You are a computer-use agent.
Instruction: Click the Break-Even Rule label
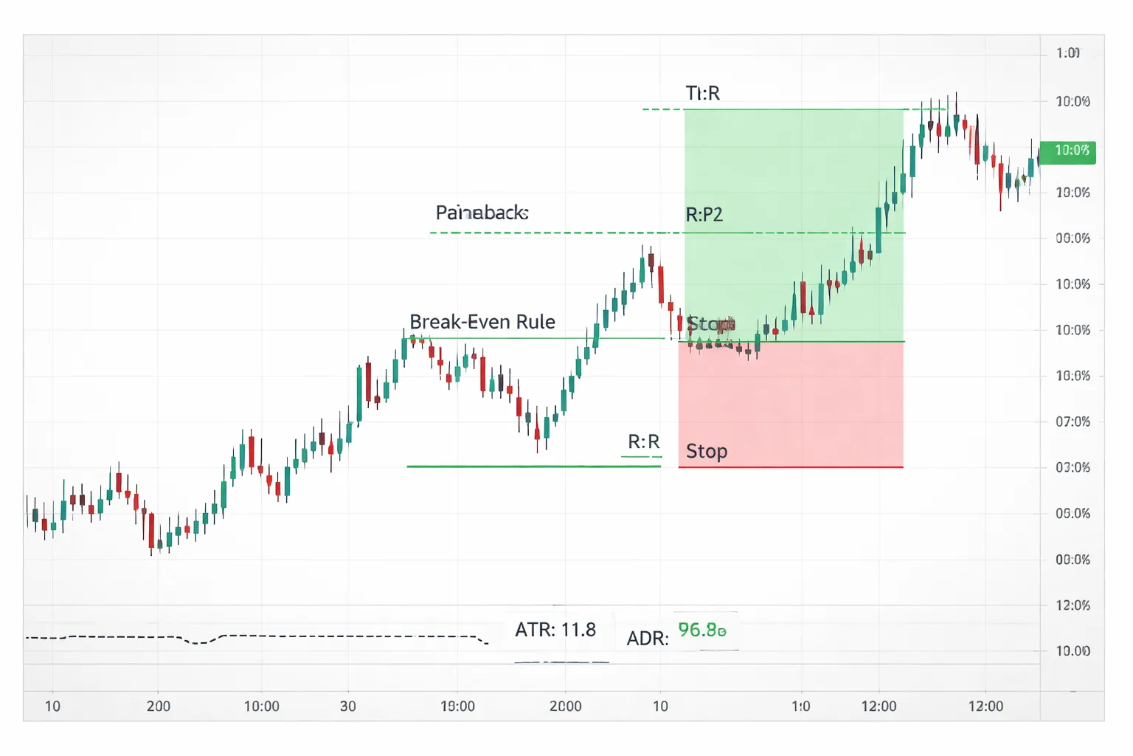482,322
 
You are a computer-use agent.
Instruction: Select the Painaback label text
482,213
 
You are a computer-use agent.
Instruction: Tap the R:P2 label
704,215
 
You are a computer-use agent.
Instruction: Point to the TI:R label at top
702,93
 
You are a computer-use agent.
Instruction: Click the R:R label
643,441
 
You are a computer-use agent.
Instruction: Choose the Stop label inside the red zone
707,451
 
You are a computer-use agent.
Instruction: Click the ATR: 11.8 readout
555,630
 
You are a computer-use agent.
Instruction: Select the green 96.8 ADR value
701,630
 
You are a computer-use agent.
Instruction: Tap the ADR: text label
647,639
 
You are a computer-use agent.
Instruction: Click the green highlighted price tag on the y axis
1067,151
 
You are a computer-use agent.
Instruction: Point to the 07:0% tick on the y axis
1073,422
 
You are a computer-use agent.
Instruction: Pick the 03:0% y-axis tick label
1073,467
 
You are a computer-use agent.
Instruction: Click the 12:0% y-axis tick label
1073,605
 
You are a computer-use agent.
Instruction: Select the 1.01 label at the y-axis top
1067,53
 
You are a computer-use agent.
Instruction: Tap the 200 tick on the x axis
159,707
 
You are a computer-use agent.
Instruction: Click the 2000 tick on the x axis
565,707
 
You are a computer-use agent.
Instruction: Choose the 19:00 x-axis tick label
457,707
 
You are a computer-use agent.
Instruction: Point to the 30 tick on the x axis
348,707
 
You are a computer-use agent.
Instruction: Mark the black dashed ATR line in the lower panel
295,636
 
